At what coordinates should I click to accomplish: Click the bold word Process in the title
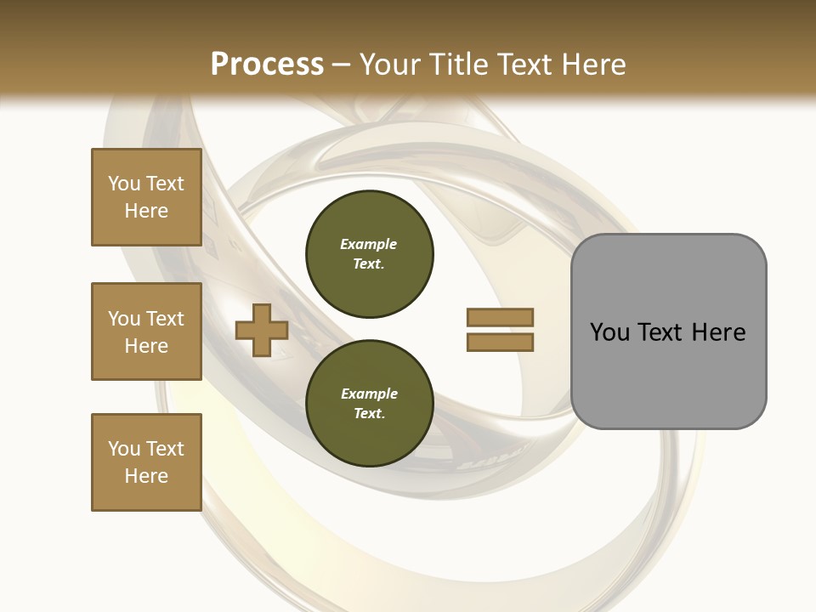point(267,65)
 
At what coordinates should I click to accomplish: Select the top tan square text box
point(146,197)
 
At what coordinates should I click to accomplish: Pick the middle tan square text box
point(146,331)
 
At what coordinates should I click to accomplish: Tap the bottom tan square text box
point(146,462)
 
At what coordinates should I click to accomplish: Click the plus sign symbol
point(262,331)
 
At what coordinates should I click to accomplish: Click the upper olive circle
point(370,254)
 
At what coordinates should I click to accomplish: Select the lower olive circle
point(370,404)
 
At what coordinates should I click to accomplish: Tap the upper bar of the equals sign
point(500,317)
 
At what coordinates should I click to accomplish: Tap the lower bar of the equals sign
point(500,343)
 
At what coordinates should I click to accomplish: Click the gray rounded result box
point(668,331)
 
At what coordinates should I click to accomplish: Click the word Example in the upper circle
point(369,244)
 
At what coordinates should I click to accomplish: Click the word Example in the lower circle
point(369,394)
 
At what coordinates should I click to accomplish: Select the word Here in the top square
point(146,211)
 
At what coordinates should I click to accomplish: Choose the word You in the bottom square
point(124,449)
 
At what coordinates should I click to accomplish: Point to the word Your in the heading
point(390,65)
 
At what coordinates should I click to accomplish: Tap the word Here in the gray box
point(719,332)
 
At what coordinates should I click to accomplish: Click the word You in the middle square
point(124,319)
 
